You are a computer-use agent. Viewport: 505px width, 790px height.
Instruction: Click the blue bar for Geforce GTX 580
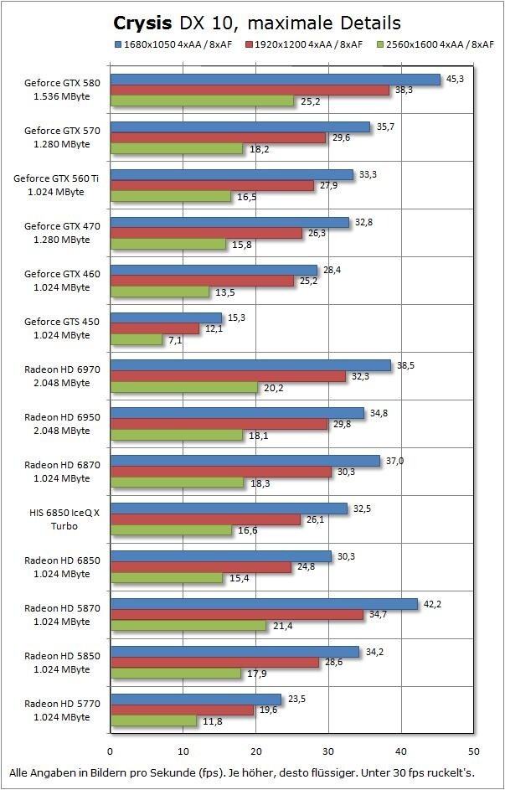coord(276,80)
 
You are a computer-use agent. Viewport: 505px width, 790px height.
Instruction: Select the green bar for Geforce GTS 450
coord(137,339)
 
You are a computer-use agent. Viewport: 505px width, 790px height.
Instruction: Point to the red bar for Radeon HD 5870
coord(237,615)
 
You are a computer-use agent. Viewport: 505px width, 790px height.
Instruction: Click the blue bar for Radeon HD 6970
coord(250,366)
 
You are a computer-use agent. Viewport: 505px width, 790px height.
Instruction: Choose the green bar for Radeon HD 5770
coord(153,720)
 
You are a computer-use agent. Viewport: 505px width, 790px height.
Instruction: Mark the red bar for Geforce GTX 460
coord(202,281)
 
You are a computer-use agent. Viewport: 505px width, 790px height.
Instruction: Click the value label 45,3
coord(455,80)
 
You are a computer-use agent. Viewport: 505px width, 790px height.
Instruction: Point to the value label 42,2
coord(431,604)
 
